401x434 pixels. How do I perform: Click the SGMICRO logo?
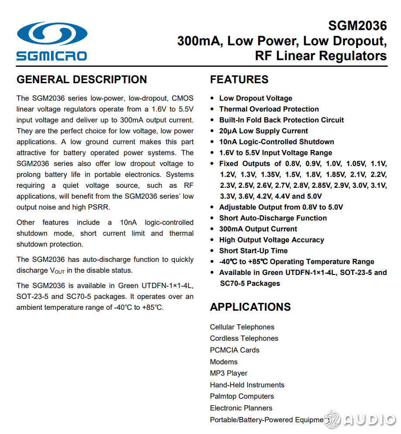coord(52,41)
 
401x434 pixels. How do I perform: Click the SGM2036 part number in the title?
coord(357,26)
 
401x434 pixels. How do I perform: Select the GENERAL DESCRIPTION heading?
coord(82,80)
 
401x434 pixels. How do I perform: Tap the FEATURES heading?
coord(239,80)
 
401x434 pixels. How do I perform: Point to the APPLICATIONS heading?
coord(250,307)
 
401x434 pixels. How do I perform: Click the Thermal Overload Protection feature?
coord(268,109)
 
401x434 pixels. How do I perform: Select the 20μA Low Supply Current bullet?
coord(263,131)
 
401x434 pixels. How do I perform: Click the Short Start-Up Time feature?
coord(253,251)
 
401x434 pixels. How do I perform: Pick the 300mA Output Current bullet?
coord(258,229)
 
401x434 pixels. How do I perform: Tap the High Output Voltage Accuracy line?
coord(272,240)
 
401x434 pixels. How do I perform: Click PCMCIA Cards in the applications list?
coord(234,350)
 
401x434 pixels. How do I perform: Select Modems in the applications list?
coord(224,362)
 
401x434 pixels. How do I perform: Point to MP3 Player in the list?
coord(228,373)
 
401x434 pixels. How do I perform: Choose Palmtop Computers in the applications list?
coord(242,396)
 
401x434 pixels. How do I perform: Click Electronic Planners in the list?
coord(241,408)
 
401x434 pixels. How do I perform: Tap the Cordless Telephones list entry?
coord(244,338)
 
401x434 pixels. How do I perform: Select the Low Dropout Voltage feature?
coord(255,98)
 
